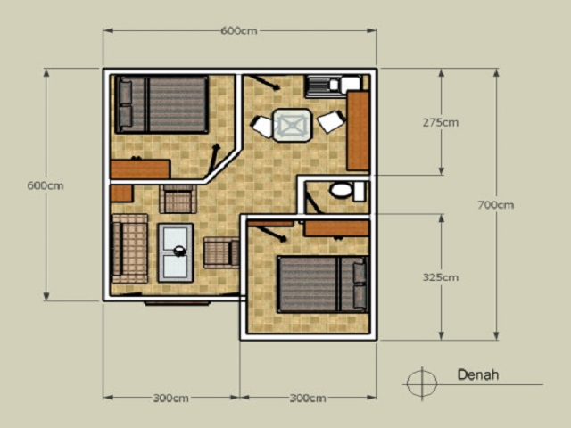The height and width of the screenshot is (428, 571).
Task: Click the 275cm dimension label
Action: pyautogui.click(x=440, y=122)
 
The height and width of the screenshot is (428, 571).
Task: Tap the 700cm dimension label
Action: pyautogui.click(x=495, y=205)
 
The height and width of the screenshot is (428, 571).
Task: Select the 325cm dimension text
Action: pyautogui.click(x=440, y=277)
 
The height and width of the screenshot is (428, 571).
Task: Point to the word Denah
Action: pyautogui.click(x=478, y=374)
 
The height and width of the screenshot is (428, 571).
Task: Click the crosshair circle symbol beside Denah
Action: pyautogui.click(x=418, y=383)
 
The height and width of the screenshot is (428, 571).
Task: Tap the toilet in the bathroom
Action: pyautogui.click(x=341, y=190)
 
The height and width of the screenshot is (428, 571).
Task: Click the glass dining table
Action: pyautogui.click(x=293, y=125)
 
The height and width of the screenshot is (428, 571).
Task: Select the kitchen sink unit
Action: pyautogui.click(x=332, y=86)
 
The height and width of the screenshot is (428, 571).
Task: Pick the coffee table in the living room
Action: pyautogui.click(x=176, y=252)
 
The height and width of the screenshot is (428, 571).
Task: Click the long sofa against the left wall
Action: pyautogui.click(x=128, y=249)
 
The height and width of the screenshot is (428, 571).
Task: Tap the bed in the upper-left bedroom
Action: pyautogui.click(x=161, y=104)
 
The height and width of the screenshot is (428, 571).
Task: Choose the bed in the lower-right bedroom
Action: pyautogui.click(x=322, y=284)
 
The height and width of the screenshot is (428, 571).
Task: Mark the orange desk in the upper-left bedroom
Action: pyautogui.click(x=140, y=169)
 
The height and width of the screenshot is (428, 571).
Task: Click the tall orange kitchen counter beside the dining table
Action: pyautogui.click(x=358, y=130)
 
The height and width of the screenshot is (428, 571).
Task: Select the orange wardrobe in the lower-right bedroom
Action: pyautogui.click(x=335, y=228)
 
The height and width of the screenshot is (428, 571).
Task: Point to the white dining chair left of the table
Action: pyautogui.click(x=261, y=127)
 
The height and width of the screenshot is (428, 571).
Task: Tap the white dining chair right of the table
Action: pyautogui.click(x=330, y=121)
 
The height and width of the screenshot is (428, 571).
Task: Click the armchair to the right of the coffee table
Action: pyautogui.click(x=220, y=253)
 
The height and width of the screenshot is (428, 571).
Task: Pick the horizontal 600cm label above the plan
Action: pyautogui.click(x=239, y=31)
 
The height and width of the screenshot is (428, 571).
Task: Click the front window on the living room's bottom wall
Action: pyautogui.click(x=178, y=302)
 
